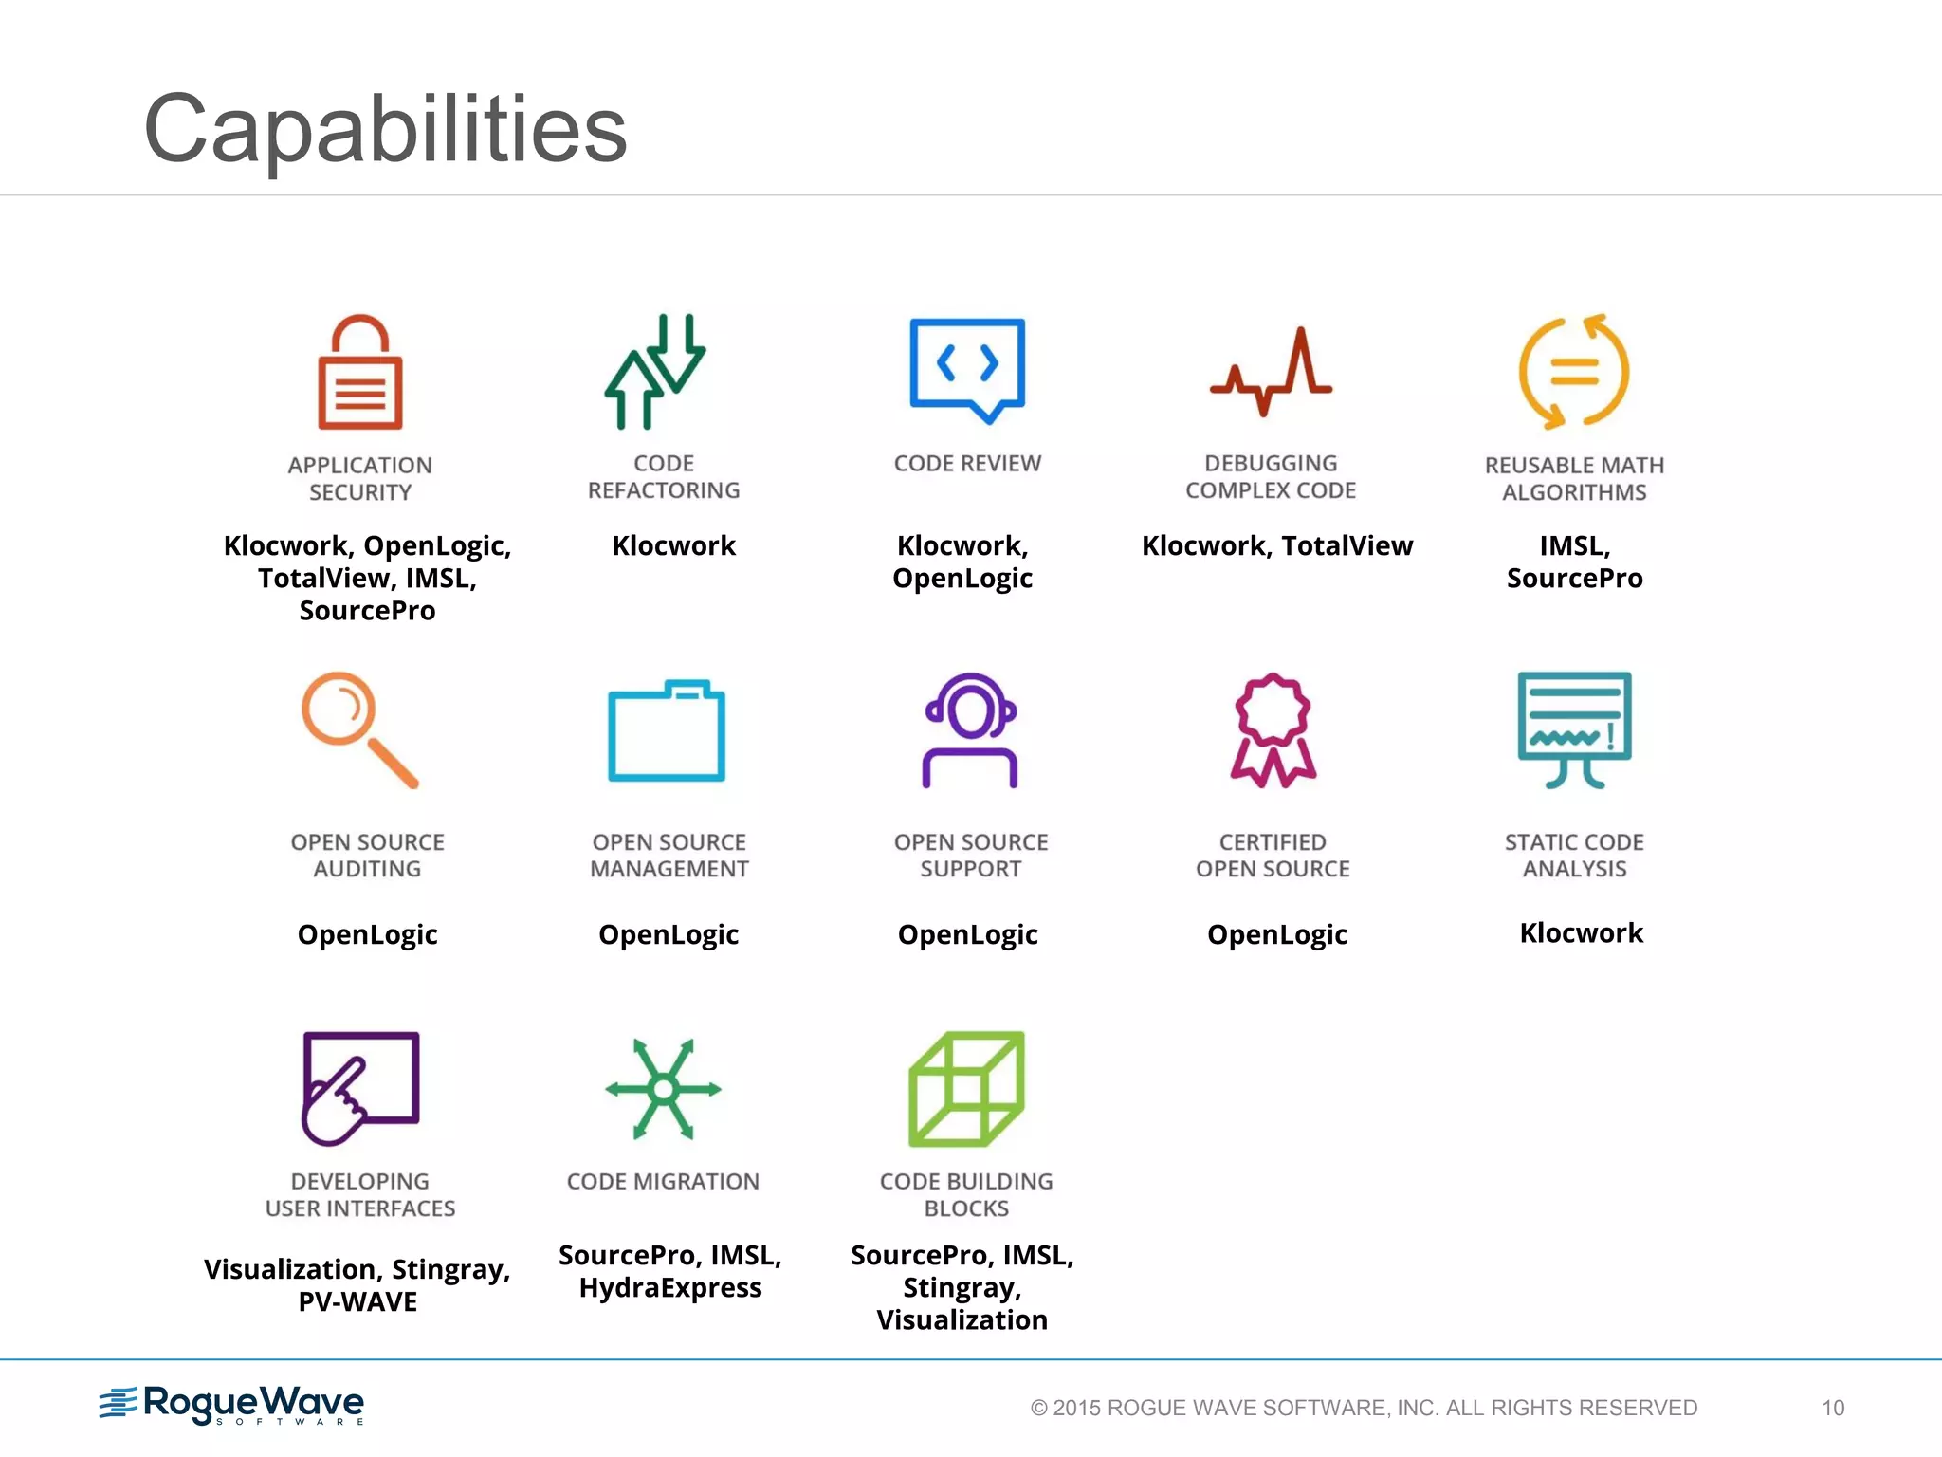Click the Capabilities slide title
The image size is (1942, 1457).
click(385, 129)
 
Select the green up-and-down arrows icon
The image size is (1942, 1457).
click(655, 371)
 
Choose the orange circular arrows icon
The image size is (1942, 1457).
click(1574, 371)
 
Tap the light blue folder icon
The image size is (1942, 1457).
click(667, 730)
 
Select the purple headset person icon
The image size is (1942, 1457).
click(970, 730)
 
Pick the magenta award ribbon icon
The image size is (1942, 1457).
click(1273, 730)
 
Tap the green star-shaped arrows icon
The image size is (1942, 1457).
click(664, 1089)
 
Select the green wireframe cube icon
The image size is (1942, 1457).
click(966, 1088)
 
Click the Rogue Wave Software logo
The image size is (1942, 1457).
click(232, 1405)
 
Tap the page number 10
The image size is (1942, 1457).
click(1832, 1408)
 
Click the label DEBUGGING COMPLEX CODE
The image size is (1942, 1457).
click(1271, 477)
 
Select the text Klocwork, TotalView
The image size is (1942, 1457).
click(1277, 546)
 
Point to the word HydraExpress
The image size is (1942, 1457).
click(670, 1288)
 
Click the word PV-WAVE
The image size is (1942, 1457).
click(357, 1302)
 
